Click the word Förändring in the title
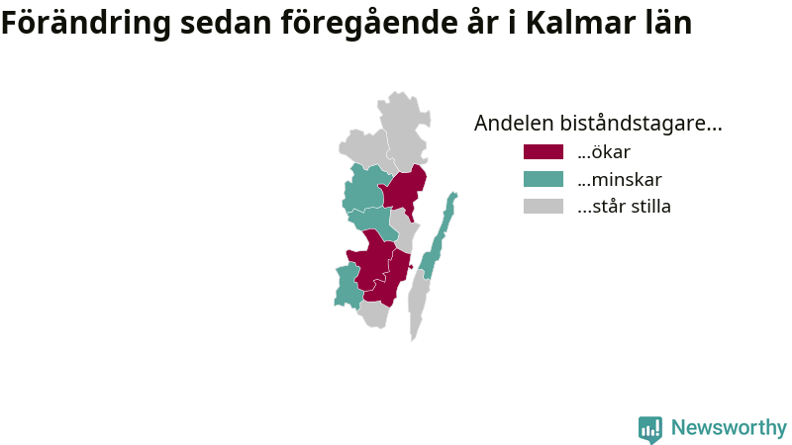point(86,23)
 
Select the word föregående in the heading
point(368,23)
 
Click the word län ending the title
point(666,23)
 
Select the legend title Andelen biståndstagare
point(598,123)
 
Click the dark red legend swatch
point(543,152)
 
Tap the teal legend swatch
point(543,179)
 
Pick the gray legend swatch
point(543,207)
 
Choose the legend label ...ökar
point(604,152)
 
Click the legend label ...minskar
point(620,179)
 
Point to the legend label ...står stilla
point(624,207)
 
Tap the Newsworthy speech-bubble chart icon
point(650,429)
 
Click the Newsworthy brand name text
point(729,427)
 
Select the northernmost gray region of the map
point(405,130)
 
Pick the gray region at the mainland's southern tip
point(374,314)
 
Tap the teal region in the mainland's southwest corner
point(347,287)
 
